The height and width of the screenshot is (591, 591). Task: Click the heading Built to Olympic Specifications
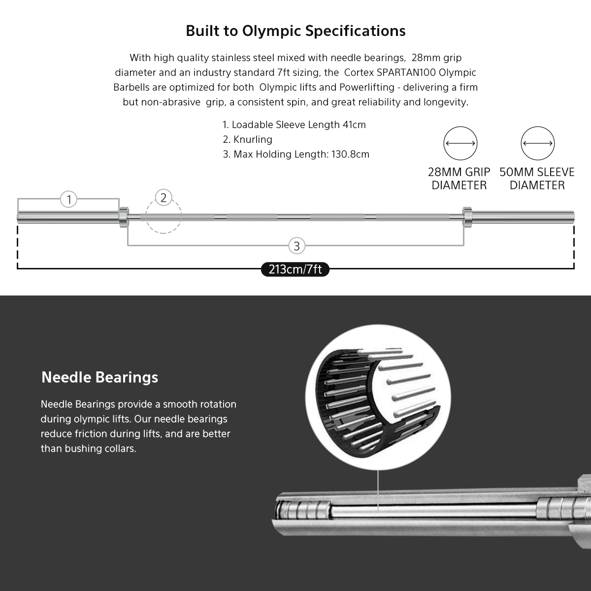point(295,31)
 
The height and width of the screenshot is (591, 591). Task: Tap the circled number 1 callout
point(69,199)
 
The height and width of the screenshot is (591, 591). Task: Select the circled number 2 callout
point(164,198)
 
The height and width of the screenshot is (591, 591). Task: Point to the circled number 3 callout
point(296,246)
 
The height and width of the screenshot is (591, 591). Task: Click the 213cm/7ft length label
point(295,269)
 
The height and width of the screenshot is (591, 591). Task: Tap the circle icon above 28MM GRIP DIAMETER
point(460,144)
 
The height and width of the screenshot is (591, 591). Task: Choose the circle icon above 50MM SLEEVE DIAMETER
point(538,144)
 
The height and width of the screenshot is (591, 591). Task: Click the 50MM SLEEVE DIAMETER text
point(537,179)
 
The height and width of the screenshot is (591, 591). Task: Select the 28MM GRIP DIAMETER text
point(459,179)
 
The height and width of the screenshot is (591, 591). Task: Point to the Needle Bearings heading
point(100,377)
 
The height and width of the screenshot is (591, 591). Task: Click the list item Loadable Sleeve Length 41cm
point(294,125)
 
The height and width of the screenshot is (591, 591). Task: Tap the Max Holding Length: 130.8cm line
point(296,154)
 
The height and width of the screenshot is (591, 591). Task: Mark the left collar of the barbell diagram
point(123,216)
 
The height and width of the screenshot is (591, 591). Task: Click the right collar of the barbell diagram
point(467,216)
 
